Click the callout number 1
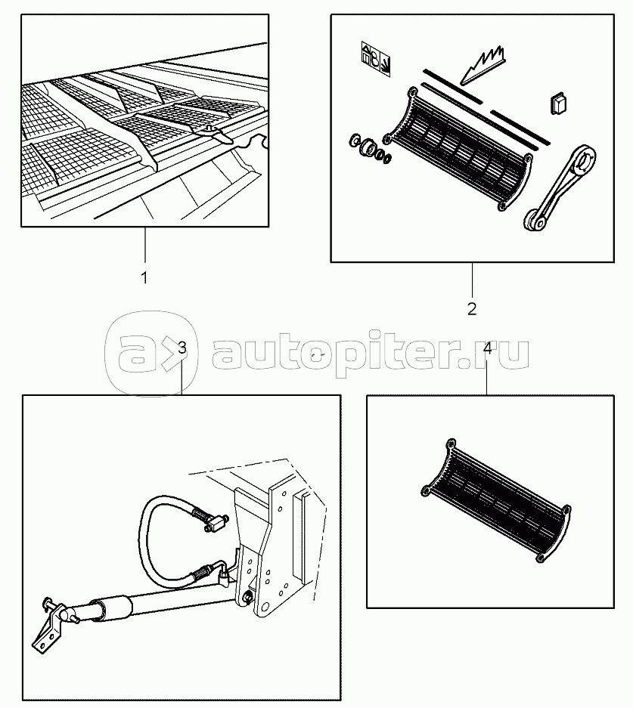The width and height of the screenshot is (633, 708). coord(144,278)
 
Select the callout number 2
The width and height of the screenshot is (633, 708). coord(472,309)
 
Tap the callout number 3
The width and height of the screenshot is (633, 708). coord(182,348)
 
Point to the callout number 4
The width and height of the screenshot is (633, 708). coord(487,348)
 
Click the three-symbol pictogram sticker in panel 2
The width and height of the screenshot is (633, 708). coord(376,59)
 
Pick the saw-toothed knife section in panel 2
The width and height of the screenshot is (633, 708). coord(483,64)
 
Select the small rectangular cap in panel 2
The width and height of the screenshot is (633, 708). coord(559,104)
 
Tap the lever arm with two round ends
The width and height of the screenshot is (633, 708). coord(560,187)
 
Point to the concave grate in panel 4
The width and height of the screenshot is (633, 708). coord(495,500)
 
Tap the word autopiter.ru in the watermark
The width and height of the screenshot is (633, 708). coord(371,354)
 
